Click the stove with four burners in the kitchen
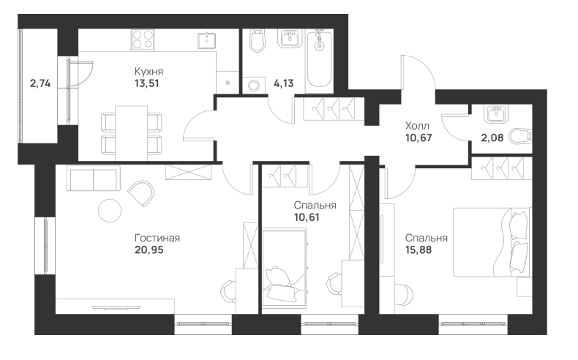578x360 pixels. pos(142,40)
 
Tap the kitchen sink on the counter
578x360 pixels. pos(207,40)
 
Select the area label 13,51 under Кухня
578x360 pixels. pos(147,83)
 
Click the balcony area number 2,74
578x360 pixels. pos(40,83)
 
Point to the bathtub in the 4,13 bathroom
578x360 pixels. pos(319,59)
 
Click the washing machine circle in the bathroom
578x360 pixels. pos(254,86)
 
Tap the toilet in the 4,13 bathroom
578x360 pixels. pos(257,40)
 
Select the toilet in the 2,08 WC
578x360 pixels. pos(521,136)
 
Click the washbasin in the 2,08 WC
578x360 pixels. pos(496,114)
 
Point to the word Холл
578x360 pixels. pos(417,126)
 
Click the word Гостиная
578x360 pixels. pos(157,238)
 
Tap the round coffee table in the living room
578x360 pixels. pos(110,211)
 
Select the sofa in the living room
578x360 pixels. pos(94,179)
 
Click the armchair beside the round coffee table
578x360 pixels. pos(141,193)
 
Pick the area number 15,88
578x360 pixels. pos(419,250)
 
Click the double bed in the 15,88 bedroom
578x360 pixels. pos(492,242)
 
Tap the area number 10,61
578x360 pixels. pos(307,217)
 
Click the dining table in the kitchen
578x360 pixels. pos(131,133)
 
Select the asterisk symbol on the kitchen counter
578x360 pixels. pos(228,83)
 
